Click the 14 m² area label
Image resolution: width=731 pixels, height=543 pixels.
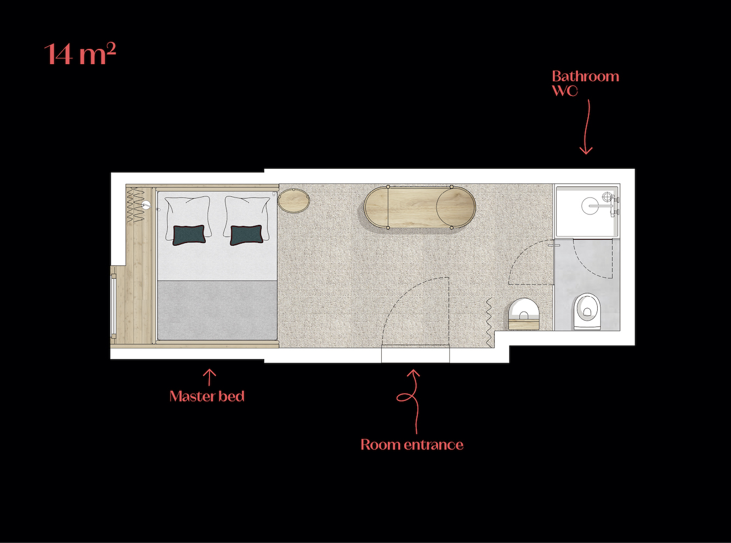80,53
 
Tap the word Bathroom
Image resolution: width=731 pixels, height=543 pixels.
585,76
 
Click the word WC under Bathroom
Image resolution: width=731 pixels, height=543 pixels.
564,91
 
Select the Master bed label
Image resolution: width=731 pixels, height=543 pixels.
207,397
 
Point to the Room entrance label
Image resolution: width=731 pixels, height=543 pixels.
412,445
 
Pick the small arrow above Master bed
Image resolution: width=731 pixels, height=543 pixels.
209,377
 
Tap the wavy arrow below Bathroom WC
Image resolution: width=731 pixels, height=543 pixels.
587,127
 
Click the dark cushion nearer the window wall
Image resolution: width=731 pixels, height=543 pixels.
189,235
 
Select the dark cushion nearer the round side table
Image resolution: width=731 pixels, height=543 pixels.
247,235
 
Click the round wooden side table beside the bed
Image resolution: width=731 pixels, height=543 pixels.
293,200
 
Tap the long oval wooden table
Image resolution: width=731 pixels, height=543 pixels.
420,207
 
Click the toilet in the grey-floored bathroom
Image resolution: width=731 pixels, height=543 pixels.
587,311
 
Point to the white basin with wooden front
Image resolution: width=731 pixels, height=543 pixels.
524,314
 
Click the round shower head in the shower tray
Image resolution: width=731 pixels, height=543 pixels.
590,206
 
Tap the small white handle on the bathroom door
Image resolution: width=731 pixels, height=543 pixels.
554,245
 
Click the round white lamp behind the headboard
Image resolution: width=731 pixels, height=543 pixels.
146,205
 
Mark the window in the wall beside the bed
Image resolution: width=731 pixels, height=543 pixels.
114,306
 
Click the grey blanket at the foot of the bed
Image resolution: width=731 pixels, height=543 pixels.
217,310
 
